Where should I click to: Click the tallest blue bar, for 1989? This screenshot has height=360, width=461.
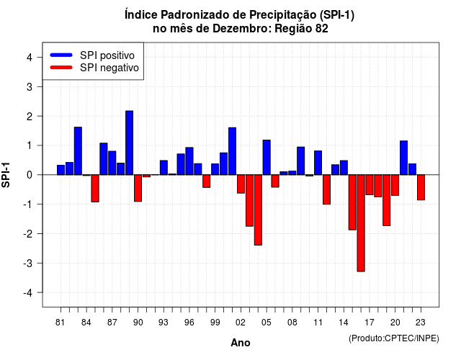coord(129,143)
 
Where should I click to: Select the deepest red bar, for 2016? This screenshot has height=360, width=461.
coord(361,223)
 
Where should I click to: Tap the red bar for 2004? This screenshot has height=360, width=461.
coord(258,210)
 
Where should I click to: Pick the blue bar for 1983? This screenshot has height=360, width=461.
coord(78,151)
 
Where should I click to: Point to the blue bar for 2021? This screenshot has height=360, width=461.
coord(403,158)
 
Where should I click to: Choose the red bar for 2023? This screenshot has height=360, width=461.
coord(421,187)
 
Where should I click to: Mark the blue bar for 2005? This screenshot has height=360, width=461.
coord(267,158)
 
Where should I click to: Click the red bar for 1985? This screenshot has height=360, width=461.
coord(95,189)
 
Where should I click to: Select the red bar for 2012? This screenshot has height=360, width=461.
coord(326,189)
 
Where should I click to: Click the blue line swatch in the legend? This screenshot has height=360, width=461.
coord(61,55)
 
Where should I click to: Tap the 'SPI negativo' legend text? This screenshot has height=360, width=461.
coord(109,68)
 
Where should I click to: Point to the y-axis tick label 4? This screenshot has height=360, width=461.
coord(30,58)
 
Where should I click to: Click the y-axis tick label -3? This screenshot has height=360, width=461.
coord(27,263)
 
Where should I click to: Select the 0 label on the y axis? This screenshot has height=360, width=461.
coord(30,175)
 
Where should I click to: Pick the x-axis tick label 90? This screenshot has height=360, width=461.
coord(138,323)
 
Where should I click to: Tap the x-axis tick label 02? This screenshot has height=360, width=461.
coord(241,323)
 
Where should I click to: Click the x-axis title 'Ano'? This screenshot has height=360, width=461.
coord(241,343)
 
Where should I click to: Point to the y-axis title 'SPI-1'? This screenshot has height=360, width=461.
coord(6,175)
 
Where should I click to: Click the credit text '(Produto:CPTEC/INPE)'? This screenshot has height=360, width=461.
coord(394,338)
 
